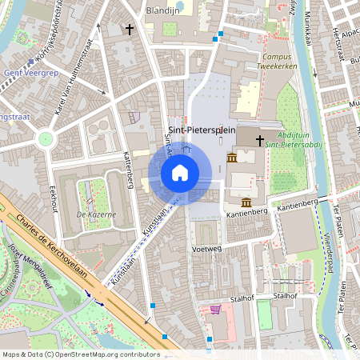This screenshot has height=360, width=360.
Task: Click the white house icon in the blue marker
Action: pos(180,173)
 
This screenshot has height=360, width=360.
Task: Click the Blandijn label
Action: pos(162,10)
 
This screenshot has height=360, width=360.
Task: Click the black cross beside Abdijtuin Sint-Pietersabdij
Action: pos(258,141)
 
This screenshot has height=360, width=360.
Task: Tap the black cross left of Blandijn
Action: pos(129,29)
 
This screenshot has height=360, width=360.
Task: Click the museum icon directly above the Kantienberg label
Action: pos(246,202)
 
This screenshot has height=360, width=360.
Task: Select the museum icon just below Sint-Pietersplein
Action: pos(231,158)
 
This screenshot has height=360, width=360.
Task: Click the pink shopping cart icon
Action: pos(214,310)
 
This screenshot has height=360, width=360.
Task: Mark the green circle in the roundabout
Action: pos(45,138)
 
